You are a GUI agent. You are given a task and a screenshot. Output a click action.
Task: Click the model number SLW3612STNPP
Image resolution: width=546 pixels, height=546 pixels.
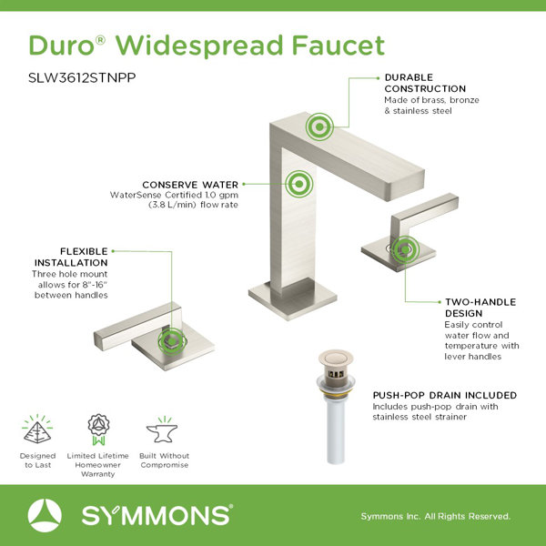pyautogui.click(x=82, y=77)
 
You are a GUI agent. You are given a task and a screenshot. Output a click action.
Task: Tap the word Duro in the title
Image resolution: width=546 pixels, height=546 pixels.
pyautogui.click(x=61, y=45)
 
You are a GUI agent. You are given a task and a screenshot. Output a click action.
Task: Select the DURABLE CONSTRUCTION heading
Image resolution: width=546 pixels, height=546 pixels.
pyautogui.click(x=425, y=83)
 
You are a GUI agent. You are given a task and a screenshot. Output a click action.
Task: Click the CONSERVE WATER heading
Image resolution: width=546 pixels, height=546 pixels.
pyautogui.click(x=190, y=185)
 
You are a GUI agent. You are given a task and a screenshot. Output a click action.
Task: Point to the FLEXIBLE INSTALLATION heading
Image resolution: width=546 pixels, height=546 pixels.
pyautogui.click(x=71, y=257)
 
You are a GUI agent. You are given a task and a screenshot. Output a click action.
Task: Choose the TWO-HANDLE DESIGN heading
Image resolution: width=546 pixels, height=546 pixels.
pyautogui.click(x=480, y=308)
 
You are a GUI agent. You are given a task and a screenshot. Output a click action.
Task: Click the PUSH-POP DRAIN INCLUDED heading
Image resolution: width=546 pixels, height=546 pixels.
pyautogui.click(x=445, y=395)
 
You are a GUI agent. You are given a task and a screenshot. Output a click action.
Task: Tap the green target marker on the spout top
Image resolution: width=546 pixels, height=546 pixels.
pyautogui.click(x=319, y=126)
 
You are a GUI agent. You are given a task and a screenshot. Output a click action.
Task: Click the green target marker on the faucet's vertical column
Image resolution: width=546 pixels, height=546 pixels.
pyautogui.click(x=298, y=184)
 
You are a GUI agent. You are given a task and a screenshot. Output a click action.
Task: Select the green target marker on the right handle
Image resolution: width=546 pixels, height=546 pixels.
pyautogui.click(x=405, y=249)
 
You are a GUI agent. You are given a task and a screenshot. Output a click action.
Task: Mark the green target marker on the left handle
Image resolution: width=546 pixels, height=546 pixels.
pyautogui.click(x=172, y=341)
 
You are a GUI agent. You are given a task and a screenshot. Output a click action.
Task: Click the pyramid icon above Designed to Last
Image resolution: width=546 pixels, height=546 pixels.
pyautogui.click(x=37, y=430)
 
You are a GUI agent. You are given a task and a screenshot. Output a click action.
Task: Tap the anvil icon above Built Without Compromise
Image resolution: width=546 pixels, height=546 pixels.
pyautogui.click(x=162, y=430)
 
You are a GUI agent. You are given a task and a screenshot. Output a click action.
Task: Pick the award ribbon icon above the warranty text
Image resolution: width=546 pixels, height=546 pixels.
pyautogui.click(x=98, y=430)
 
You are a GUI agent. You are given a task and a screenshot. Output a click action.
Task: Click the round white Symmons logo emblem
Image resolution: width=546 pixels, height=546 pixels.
pyautogui.click(x=45, y=515)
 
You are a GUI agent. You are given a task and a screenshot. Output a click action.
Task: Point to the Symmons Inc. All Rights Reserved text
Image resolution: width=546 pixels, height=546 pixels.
pyautogui.click(x=435, y=516)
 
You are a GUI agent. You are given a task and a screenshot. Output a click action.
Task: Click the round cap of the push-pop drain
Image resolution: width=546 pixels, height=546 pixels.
pyautogui.click(x=336, y=358)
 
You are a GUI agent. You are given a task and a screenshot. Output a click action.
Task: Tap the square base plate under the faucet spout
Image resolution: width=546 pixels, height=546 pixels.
pyautogui.click(x=292, y=298)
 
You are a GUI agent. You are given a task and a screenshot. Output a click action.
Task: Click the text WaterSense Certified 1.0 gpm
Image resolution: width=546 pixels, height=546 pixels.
pyautogui.click(x=174, y=195)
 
